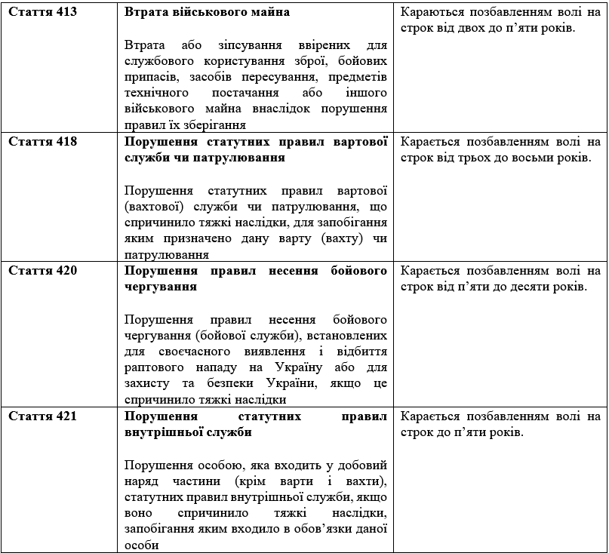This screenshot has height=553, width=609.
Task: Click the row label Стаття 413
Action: click(x=42, y=13)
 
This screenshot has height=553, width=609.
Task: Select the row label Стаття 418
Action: click(x=42, y=141)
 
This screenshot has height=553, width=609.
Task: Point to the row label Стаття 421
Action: click(x=42, y=416)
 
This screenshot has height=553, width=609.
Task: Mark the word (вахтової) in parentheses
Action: click(x=150, y=206)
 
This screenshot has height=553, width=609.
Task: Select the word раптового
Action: click(x=151, y=367)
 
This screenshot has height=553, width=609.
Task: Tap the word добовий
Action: click(x=361, y=464)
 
